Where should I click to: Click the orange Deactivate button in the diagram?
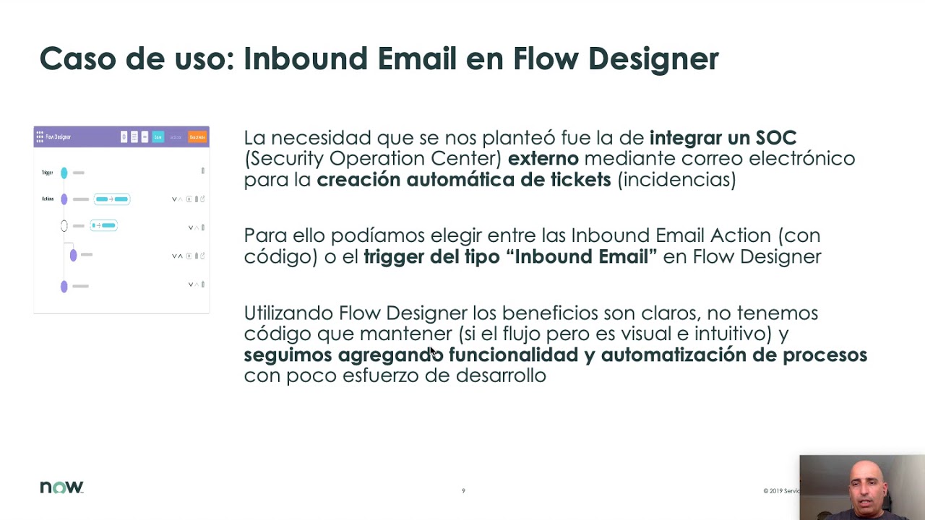pos(197,136)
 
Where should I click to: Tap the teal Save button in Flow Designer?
pos(158,136)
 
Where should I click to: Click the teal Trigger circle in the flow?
pos(64,173)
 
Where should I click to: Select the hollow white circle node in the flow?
pos(64,226)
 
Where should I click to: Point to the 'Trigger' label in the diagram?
pos(48,173)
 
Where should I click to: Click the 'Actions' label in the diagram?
pos(48,199)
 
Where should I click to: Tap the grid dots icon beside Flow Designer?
pos(40,136)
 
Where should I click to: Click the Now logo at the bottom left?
pos(61,487)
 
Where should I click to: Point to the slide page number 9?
pos(463,491)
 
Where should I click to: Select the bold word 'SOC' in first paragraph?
pos(775,137)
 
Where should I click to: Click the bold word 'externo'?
pos(543,158)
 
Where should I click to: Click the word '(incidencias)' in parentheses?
pos(676,179)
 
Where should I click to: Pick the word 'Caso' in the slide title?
pos(77,58)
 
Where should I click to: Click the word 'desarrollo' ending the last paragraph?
pos(501,375)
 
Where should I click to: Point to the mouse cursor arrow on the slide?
pos(431,351)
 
